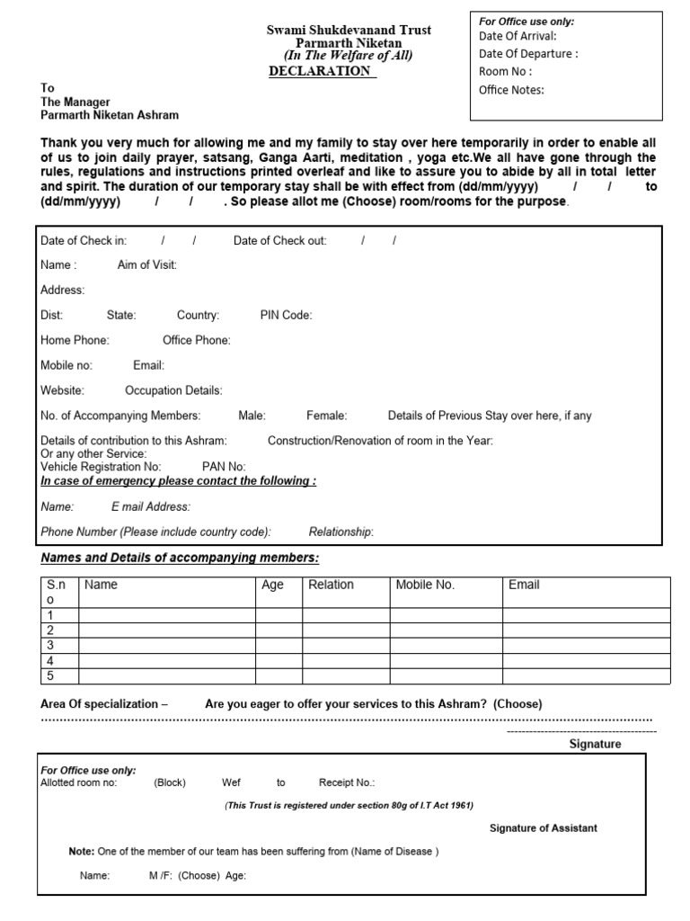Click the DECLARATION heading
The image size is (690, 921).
click(321, 71)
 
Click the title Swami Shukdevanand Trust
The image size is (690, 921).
click(349, 30)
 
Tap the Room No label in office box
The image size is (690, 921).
click(505, 71)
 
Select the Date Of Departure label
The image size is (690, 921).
click(528, 53)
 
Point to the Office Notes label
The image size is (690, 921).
click(511, 89)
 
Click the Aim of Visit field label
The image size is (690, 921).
click(147, 264)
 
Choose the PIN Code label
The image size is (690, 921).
click(286, 315)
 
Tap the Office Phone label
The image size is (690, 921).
click(196, 340)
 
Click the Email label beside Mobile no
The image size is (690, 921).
click(148, 365)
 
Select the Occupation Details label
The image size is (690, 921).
click(173, 390)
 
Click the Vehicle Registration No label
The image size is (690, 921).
click(101, 466)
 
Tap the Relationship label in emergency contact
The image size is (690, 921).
click(341, 532)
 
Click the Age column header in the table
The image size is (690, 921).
click(272, 585)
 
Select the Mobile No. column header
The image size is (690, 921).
click(425, 585)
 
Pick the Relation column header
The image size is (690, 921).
click(331, 585)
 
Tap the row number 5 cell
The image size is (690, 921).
click(58, 675)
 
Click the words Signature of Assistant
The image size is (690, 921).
click(543, 827)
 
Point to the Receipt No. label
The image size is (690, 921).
click(347, 782)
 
